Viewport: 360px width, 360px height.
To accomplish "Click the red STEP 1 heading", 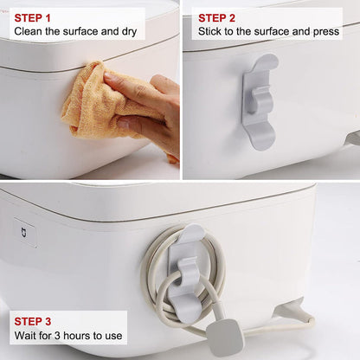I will click(32, 17).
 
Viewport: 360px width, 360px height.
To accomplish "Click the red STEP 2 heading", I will click(216, 17).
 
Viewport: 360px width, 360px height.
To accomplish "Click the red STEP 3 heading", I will click(32, 321).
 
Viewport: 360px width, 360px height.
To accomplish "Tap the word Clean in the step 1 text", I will click(29, 31).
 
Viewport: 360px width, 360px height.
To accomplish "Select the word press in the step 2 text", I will click(327, 31).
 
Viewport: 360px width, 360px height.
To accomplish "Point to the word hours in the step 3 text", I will click(79, 335).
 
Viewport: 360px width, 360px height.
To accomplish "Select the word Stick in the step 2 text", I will click(212, 31).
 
